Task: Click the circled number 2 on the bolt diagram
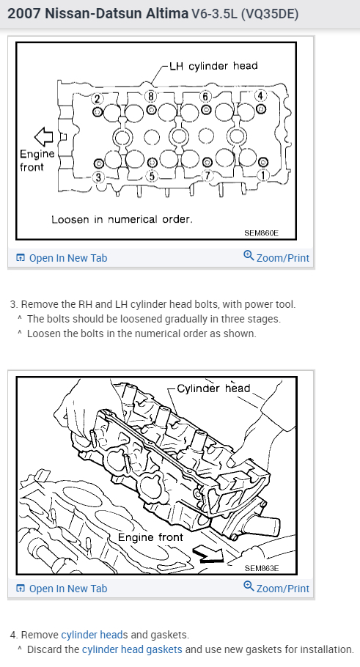click(97, 99)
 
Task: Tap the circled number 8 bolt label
click(150, 97)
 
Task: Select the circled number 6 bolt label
click(205, 97)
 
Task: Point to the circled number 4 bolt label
click(260, 96)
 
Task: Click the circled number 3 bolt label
click(98, 177)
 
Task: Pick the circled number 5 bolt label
click(153, 176)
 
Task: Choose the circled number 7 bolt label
click(207, 176)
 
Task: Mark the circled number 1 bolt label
click(262, 174)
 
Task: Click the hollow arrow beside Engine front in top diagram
click(43, 136)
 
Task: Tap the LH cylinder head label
click(213, 66)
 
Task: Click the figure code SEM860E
click(261, 233)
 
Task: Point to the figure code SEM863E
click(262, 568)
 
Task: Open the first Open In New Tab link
click(62, 258)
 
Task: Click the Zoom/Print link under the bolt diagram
click(276, 257)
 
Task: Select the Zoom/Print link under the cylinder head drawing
click(276, 587)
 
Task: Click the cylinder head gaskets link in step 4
click(132, 649)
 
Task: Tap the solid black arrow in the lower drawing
click(208, 553)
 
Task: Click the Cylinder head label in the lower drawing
click(213, 388)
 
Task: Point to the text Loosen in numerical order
click(122, 219)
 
